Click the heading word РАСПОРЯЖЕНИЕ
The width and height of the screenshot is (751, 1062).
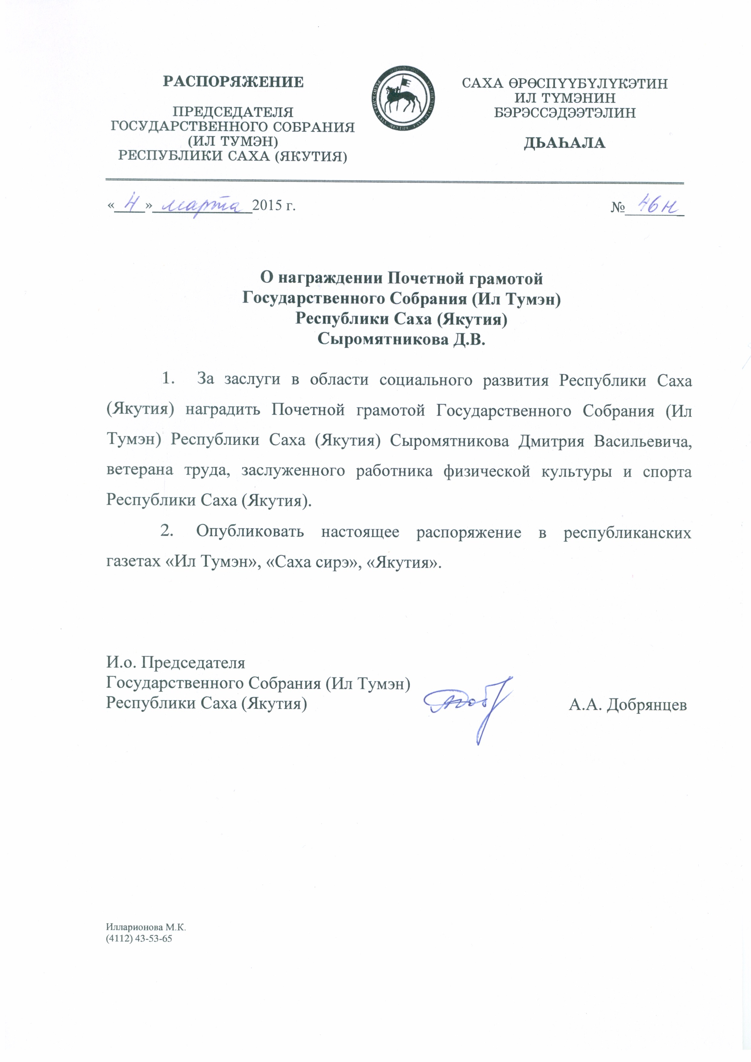click(233, 82)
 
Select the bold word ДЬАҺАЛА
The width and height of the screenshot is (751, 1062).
click(564, 143)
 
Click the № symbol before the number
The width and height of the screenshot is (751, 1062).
click(617, 207)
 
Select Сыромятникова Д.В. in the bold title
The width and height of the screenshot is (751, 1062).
click(401, 340)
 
